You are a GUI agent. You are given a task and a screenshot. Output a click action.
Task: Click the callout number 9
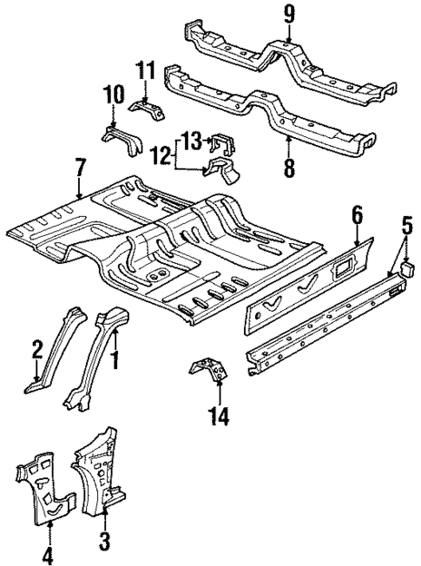tap(289, 15)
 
